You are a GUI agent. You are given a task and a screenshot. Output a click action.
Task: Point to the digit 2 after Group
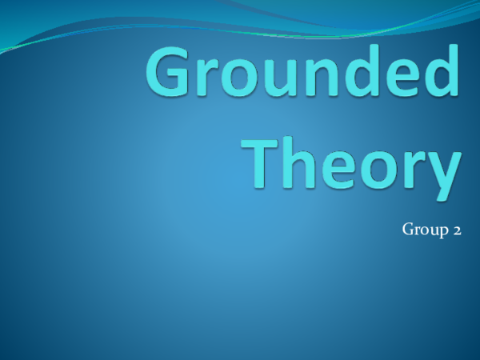coord(456,231)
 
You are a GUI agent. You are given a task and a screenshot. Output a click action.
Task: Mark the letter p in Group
coord(442,233)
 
